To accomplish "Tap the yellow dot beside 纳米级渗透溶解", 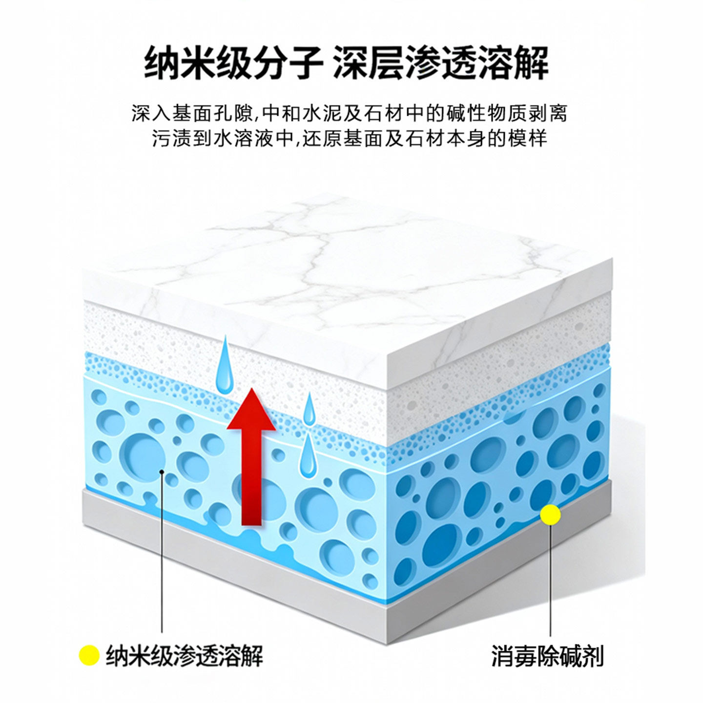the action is coord(89,656).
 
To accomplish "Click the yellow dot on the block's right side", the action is coord(551,515).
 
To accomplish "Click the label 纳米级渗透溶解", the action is coord(185,656).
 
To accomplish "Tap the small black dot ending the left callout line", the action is coord(162,472).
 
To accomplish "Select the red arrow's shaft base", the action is coord(251,517).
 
